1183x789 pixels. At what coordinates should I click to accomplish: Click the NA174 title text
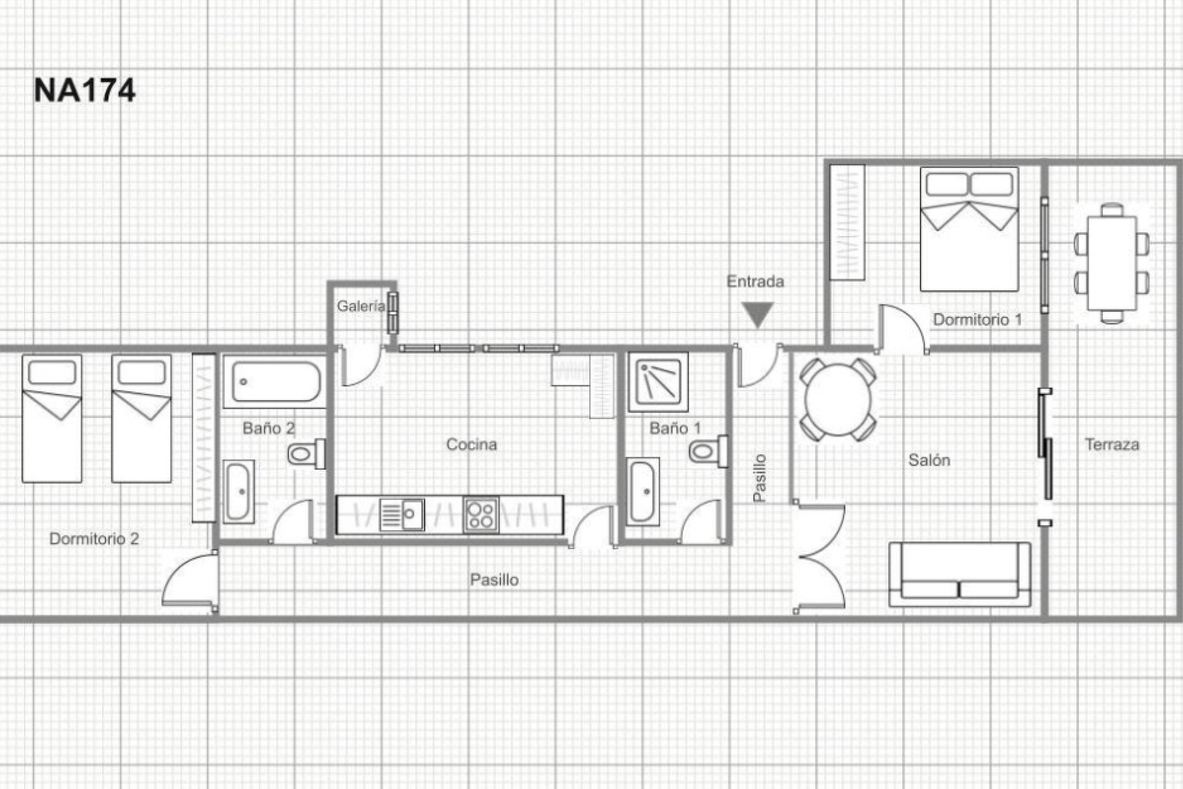click(x=84, y=91)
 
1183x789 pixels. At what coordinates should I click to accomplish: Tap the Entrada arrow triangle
click(x=757, y=315)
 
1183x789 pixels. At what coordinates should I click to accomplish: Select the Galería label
click(x=360, y=306)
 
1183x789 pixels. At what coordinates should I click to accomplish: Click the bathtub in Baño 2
click(x=275, y=382)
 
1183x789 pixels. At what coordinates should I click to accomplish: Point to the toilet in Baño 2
click(x=305, y=454)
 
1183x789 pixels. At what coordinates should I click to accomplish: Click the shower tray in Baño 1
click(x=658, y=382)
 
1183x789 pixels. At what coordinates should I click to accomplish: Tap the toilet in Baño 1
click(x=707, y=451)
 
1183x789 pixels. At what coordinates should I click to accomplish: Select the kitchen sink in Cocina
click(x=401, y=515)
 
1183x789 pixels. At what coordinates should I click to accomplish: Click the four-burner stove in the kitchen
click(x=481, y=515)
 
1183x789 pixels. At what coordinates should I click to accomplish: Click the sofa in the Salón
click(x=959, y=575)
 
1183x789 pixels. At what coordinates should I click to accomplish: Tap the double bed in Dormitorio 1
click(x=969, y=229)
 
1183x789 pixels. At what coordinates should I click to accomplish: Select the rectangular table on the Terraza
click(x=1112, y=263)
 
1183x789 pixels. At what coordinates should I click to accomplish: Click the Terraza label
click(x=1112, y=444)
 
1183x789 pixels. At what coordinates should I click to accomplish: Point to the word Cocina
click(x=471, y=444)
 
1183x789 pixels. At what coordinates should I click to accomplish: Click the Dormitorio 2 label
click(x=94, y=539)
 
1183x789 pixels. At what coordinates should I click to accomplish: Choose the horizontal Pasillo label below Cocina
click(x=494, y=579)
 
